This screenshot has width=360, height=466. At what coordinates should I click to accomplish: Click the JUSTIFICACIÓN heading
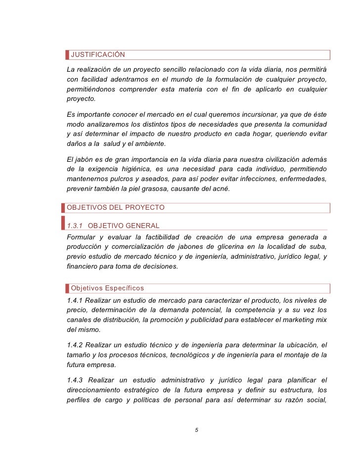98,54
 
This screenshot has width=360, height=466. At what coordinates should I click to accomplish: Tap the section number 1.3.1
75,226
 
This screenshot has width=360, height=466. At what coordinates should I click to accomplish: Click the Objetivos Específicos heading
107,288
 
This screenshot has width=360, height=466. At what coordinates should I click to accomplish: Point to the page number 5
196,430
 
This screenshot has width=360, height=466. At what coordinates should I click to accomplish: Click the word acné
220,188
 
